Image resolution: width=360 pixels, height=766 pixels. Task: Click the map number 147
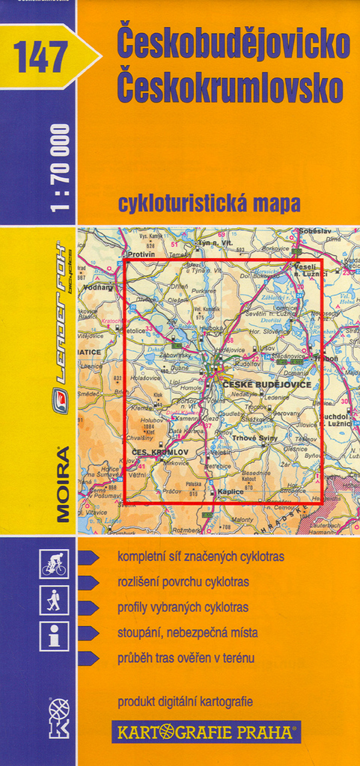point(40,57)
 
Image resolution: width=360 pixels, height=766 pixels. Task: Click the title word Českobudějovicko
point(233,45)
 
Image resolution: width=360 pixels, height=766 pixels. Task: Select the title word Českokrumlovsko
point(230,88)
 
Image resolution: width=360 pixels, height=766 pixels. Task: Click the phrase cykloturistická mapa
point(209,203)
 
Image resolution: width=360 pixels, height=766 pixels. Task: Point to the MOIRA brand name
point(61,482)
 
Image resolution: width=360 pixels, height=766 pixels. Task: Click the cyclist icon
point(54,564)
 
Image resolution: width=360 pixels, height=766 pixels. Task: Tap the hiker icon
point(54,600)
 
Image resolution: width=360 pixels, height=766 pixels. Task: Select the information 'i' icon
point(54,637)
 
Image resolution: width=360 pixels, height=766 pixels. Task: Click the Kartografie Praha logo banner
point(206,731)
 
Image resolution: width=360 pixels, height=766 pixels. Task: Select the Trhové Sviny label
point(254,438)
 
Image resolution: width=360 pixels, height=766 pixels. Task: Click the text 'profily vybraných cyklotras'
point(183,607)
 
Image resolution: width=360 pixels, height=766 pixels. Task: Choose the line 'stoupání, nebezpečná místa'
point(187,633)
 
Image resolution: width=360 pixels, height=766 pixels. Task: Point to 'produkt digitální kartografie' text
point(185,702)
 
